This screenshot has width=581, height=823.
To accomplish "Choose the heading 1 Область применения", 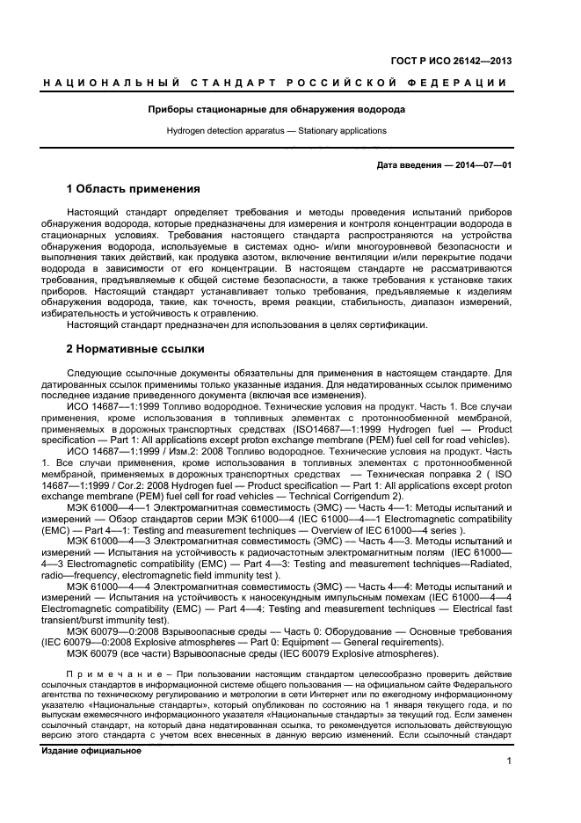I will point(134,189).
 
